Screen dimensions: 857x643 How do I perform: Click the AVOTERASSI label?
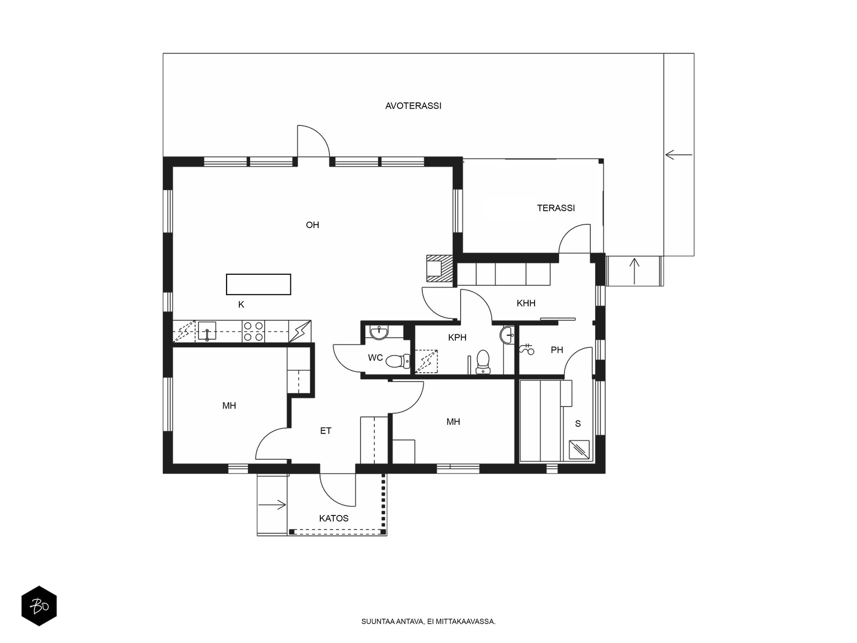click(413, 106)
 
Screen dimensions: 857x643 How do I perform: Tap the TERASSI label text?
click(555, 208)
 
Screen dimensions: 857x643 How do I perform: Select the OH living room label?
click(312, 225)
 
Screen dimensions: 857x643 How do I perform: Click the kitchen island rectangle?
click(259, 284)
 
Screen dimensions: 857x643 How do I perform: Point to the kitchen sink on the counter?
click(207, 331)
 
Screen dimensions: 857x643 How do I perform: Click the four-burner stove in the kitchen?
click(253, 332)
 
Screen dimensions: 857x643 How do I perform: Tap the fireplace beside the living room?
click(440, 268)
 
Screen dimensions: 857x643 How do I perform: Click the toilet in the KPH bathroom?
click(483, 362)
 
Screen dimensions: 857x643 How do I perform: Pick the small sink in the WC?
click(379, 332)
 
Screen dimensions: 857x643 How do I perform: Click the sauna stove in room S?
click(579, 450)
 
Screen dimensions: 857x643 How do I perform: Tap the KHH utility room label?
click(526, 303)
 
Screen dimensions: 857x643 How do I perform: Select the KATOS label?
click(334, 519)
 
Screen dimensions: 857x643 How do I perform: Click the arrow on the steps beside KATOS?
click(272, 504)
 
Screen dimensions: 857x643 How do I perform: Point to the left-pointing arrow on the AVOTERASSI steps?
click(679, 155)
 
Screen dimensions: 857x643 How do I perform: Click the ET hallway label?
click(326, 431)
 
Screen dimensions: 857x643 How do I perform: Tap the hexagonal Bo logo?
click(39, 606)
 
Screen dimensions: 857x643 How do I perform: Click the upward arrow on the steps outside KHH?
click(635, 271)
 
